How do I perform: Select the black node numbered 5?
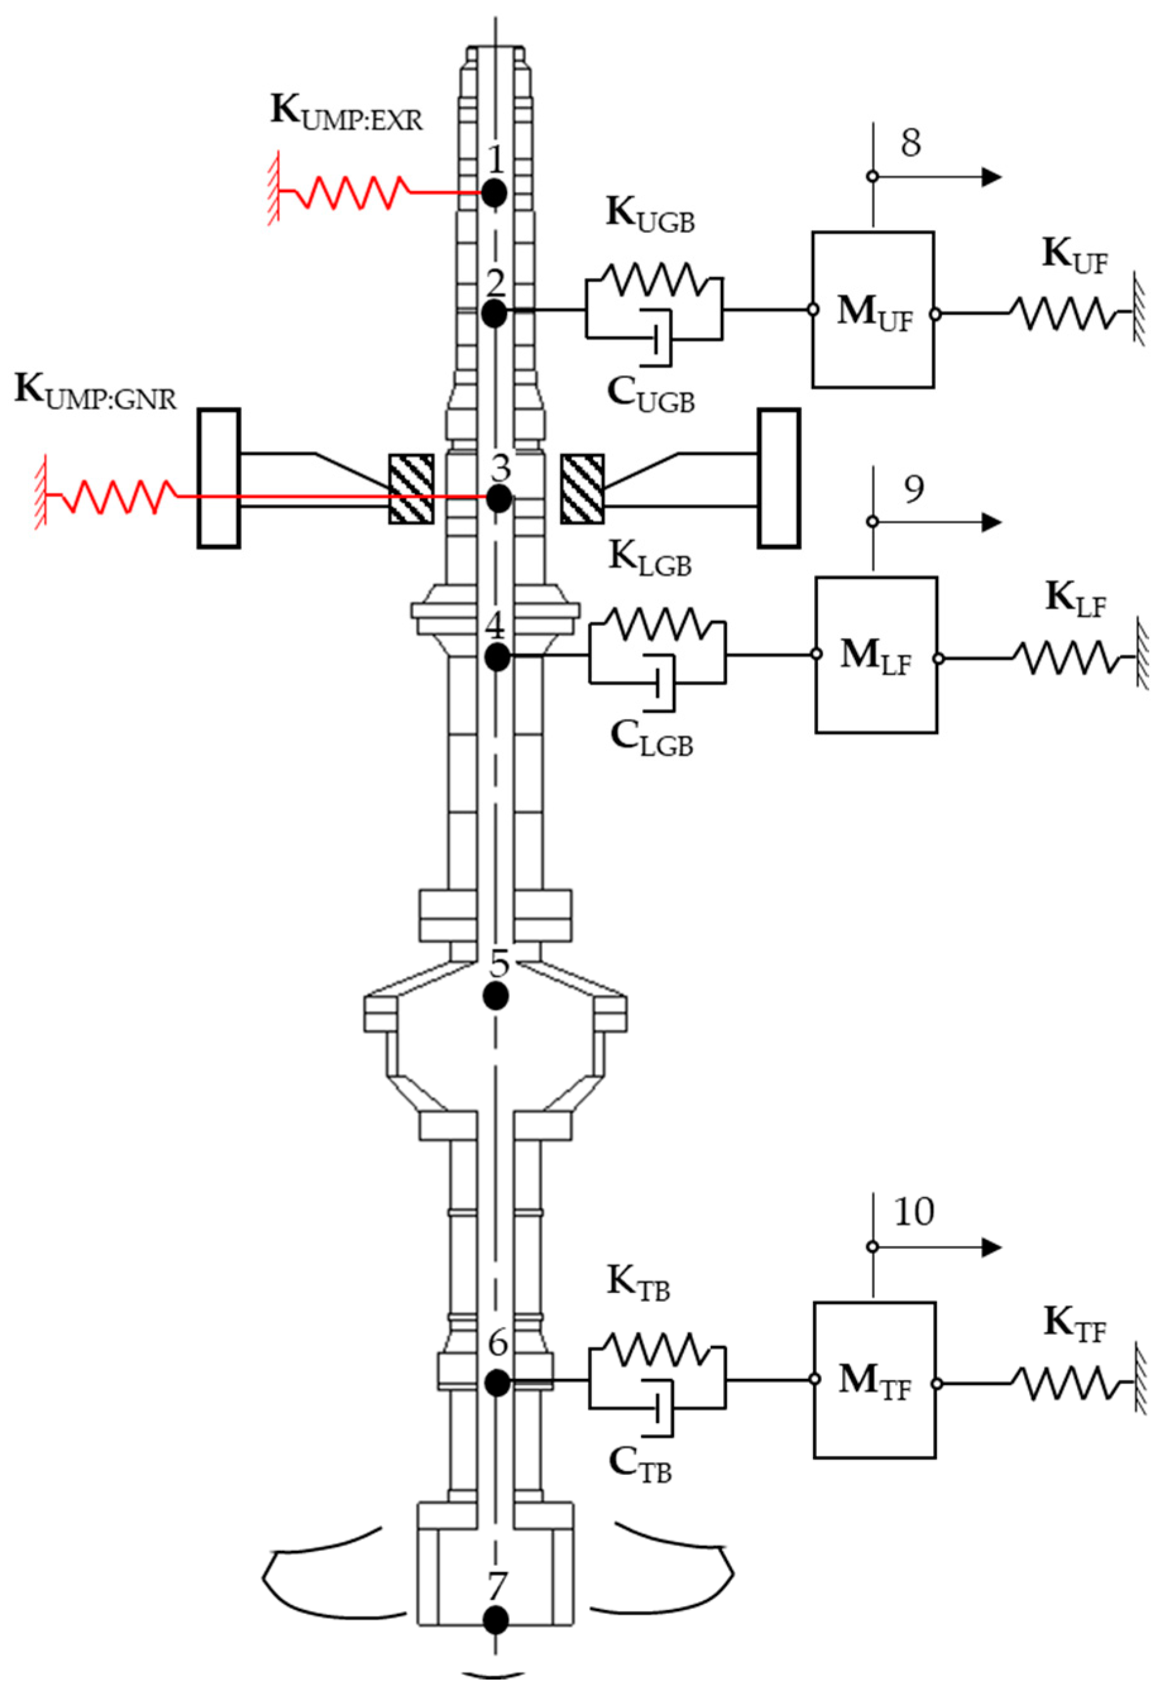click(497, 994)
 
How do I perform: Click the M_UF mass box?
click(873, 310)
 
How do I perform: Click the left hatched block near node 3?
click(411, 489)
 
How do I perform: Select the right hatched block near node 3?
click(582, 489)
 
